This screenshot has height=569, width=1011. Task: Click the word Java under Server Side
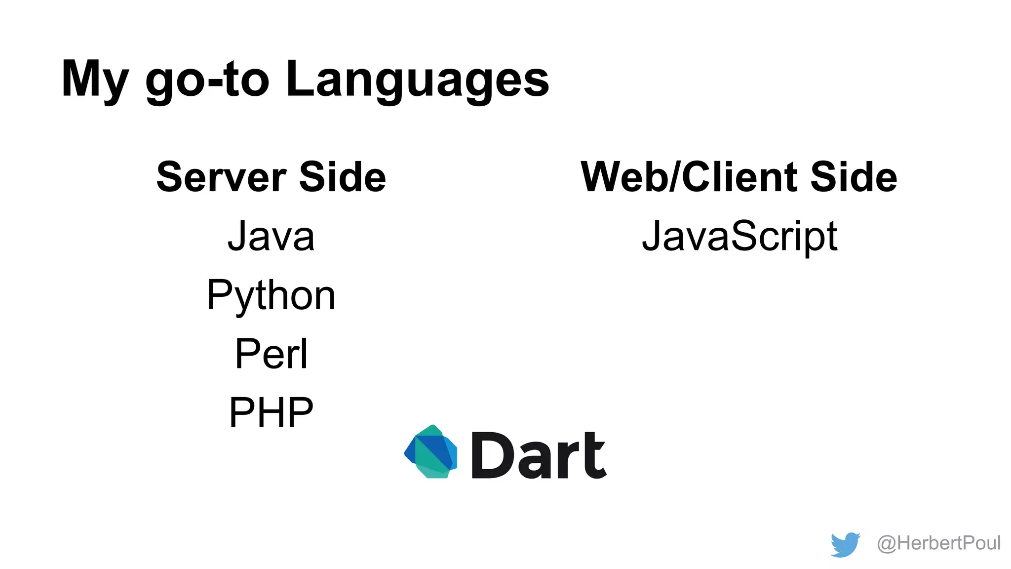(x=271, y=237)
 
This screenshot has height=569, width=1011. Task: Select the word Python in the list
(x=271, y=295)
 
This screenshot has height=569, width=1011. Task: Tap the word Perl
(x=271, y=354)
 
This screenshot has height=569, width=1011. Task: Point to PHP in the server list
(x=271, y=412)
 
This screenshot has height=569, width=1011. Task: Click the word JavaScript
(x=739, y=237)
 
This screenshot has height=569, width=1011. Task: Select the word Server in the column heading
(x=221, y=177)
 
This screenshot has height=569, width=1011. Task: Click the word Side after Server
(x=343, y=177)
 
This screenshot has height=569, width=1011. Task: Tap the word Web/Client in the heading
(x=689, y=177)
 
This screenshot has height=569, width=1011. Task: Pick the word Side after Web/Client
(x=854, y=177)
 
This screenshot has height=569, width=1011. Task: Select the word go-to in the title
(x=207, y=79)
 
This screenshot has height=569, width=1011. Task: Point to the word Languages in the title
(x=417, y=79)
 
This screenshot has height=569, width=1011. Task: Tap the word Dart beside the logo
(x=539, y=455)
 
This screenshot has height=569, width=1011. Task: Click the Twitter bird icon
(x=845, y=544)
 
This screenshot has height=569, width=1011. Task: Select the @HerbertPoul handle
(x=938, y=543)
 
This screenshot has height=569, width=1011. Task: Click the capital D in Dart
(x=490, y=455)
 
